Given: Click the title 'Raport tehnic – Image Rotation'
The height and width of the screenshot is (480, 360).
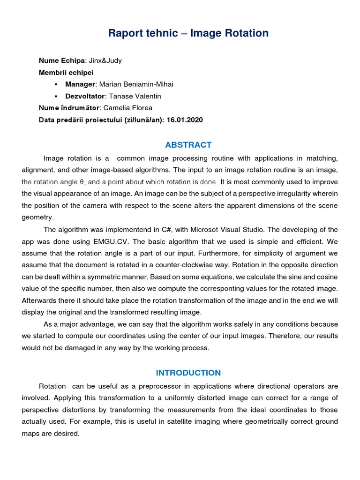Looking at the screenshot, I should click(188, 33).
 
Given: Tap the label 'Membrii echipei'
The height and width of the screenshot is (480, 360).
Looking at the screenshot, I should click(66, 73).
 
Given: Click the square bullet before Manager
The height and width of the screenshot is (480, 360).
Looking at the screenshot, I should click(56, 84).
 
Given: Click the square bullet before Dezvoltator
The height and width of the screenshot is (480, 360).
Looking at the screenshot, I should click(56, 96).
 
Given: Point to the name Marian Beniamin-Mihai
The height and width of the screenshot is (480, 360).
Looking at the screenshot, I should click(133, 84).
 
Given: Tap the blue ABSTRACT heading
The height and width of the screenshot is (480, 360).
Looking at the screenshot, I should click(188, 145).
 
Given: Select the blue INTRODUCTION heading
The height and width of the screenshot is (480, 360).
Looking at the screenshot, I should click(188, 373).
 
